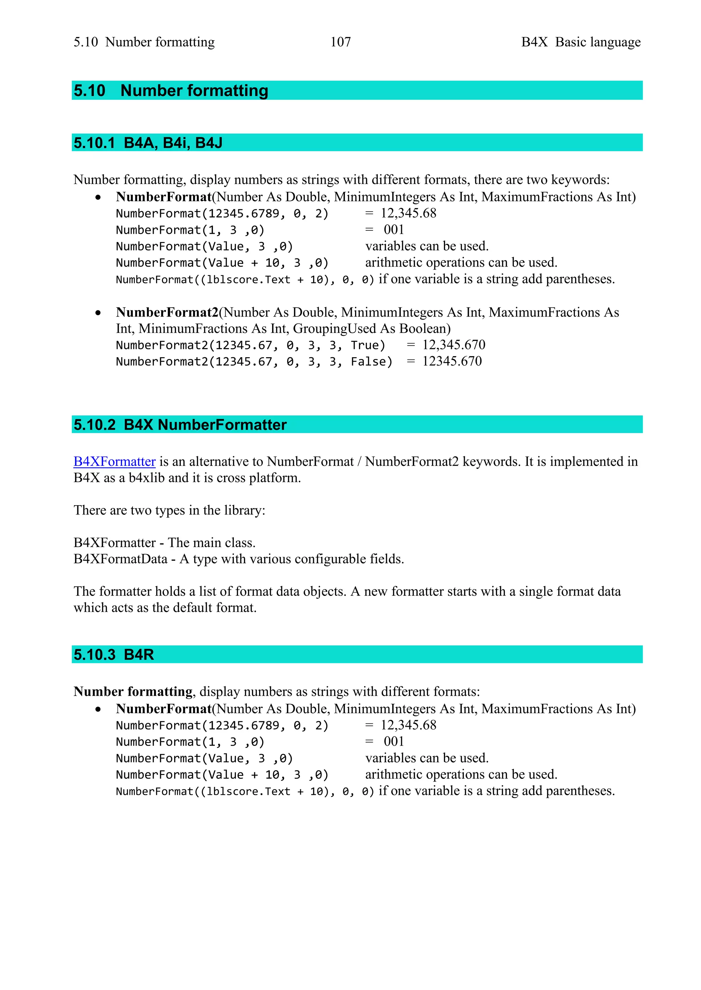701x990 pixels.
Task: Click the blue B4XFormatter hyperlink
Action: [x=114, y=461]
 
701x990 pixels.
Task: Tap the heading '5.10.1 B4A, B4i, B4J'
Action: [x=148, y=143]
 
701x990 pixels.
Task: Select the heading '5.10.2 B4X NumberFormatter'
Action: [x=180, y=425]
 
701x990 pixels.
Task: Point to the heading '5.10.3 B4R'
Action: [x=114, y=655]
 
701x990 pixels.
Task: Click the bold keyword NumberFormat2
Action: [x=167, y=312]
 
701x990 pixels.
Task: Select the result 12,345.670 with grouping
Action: [x=454, y=345]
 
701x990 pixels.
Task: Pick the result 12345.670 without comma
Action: [x=452, y=361]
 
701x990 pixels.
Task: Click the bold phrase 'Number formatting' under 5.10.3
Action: [x=133, y=692]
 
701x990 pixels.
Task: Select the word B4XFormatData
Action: [x=120, y=559]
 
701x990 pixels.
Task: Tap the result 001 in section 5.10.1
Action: [x=394, y=230]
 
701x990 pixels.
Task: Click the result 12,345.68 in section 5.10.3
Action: [x=408, y=725]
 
